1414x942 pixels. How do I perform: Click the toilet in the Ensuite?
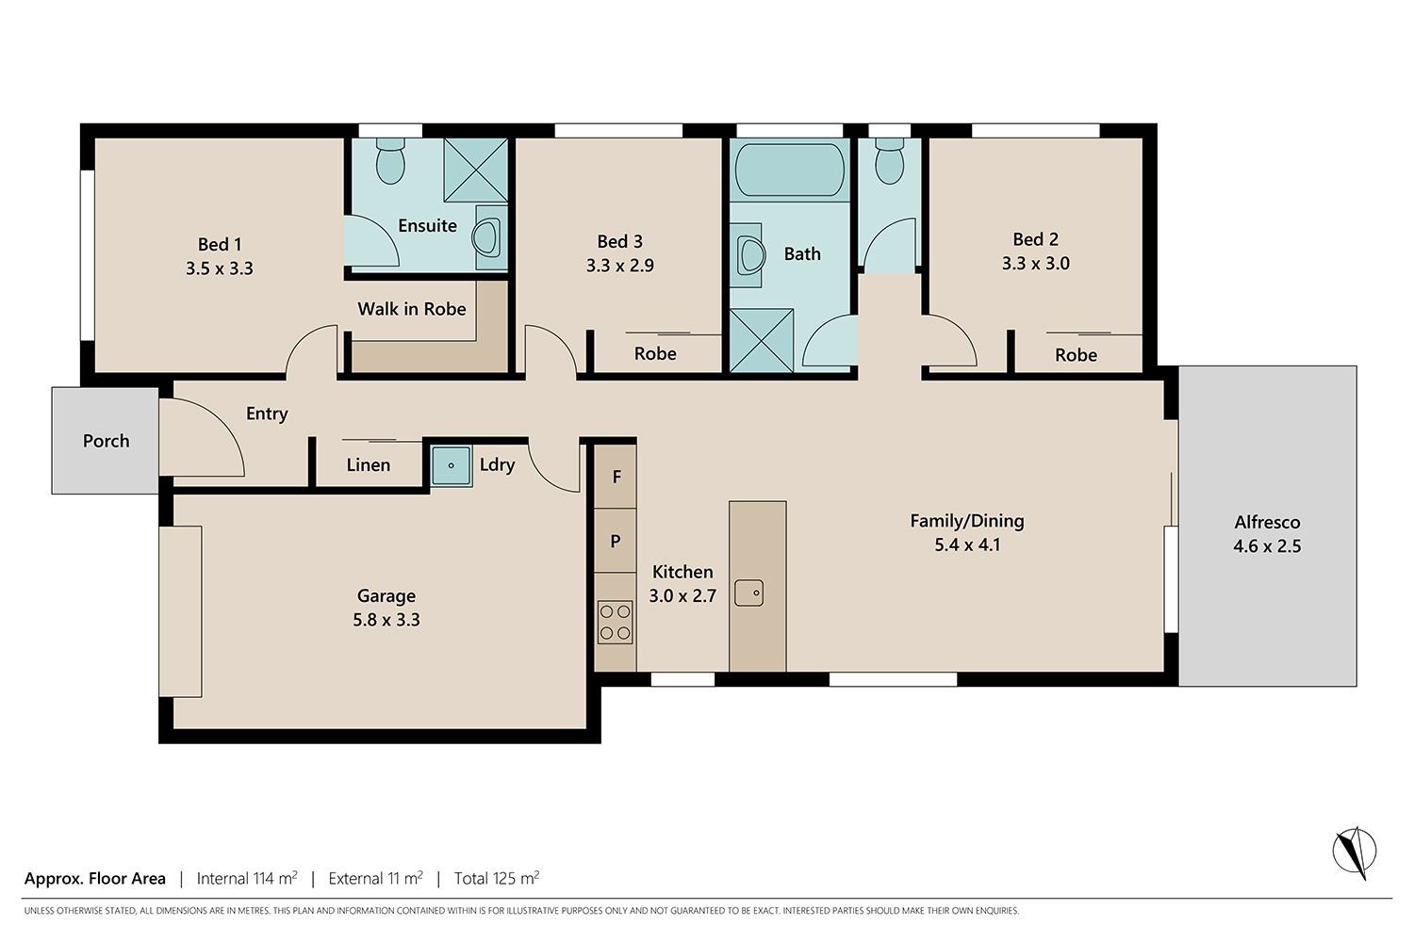tap(390, 161)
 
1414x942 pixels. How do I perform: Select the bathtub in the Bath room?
tap(790, 170)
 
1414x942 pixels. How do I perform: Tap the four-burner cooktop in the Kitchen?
tap(615, 622)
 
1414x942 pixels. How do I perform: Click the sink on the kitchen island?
tap(748, 593)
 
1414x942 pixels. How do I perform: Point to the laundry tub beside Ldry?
tap(452, 465)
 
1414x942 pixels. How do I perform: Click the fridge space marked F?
tap(616, 477)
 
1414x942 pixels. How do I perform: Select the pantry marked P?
tap(616, 541)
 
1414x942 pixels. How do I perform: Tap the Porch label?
tap(106, 441)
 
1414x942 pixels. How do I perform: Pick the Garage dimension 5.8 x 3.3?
tap(386, 620)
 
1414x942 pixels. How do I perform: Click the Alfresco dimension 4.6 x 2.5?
tap(1267, 545)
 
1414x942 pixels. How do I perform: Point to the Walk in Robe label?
tap(412, 309)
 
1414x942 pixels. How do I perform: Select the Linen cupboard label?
tap(368, 465)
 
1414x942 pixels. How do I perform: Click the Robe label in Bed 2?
tap(1076, 355)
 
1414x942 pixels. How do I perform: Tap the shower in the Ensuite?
tap(475, 171)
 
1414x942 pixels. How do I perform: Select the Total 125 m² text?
tap(497, 878)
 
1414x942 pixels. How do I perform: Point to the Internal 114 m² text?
tap(247, 878)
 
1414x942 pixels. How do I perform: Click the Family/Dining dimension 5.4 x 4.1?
tap(967, 544)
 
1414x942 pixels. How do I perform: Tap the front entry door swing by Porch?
tap(202, 437)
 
